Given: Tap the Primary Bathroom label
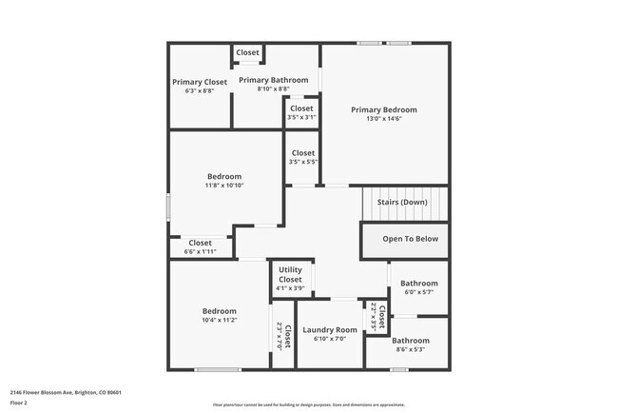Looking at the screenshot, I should point(273,80).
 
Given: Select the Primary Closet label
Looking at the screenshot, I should point(200,82).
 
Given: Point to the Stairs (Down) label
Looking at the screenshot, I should point(402,202).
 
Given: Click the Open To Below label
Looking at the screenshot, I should point(410,239).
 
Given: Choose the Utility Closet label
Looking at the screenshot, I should point(290,274).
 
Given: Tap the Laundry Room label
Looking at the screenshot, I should point(330,330).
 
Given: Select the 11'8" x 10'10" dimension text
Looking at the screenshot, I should point(224,186).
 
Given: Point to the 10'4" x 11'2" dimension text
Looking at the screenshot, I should point(219,321).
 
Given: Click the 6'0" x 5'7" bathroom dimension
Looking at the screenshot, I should point(418,292).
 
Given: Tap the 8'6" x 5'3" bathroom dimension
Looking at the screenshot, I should point(411,349).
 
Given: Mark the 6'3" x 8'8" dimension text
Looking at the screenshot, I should point(200,91).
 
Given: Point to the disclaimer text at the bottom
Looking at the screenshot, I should point(308,405).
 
